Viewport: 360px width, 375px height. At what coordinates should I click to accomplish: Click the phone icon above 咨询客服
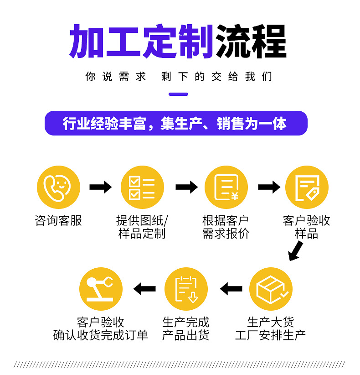(58, 187)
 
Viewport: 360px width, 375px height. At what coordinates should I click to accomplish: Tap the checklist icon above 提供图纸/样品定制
(142, 187)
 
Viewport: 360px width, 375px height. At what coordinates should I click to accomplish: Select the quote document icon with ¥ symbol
(226, 187)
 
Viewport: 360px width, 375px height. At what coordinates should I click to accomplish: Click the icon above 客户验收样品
(307, 187)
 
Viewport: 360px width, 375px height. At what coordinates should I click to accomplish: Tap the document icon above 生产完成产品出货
(186, 289)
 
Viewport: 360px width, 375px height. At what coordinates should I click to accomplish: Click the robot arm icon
(101, 289)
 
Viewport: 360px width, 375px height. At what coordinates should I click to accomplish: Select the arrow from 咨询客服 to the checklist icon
(100, 187)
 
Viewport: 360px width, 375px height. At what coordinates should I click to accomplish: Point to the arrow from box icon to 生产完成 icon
(231, 289)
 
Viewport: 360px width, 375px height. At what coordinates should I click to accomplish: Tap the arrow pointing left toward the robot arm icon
(144, 289)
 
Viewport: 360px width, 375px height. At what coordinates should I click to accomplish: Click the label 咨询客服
(58, 221)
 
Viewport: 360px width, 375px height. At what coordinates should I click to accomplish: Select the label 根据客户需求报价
(226, 227)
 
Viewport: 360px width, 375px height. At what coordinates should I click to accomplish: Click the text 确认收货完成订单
(101, 335)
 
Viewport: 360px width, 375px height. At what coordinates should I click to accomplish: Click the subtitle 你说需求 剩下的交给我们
(179, 77)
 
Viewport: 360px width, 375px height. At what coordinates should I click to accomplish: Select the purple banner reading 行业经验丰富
(176, 124)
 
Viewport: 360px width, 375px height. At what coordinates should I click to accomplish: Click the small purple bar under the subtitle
(178, 94)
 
